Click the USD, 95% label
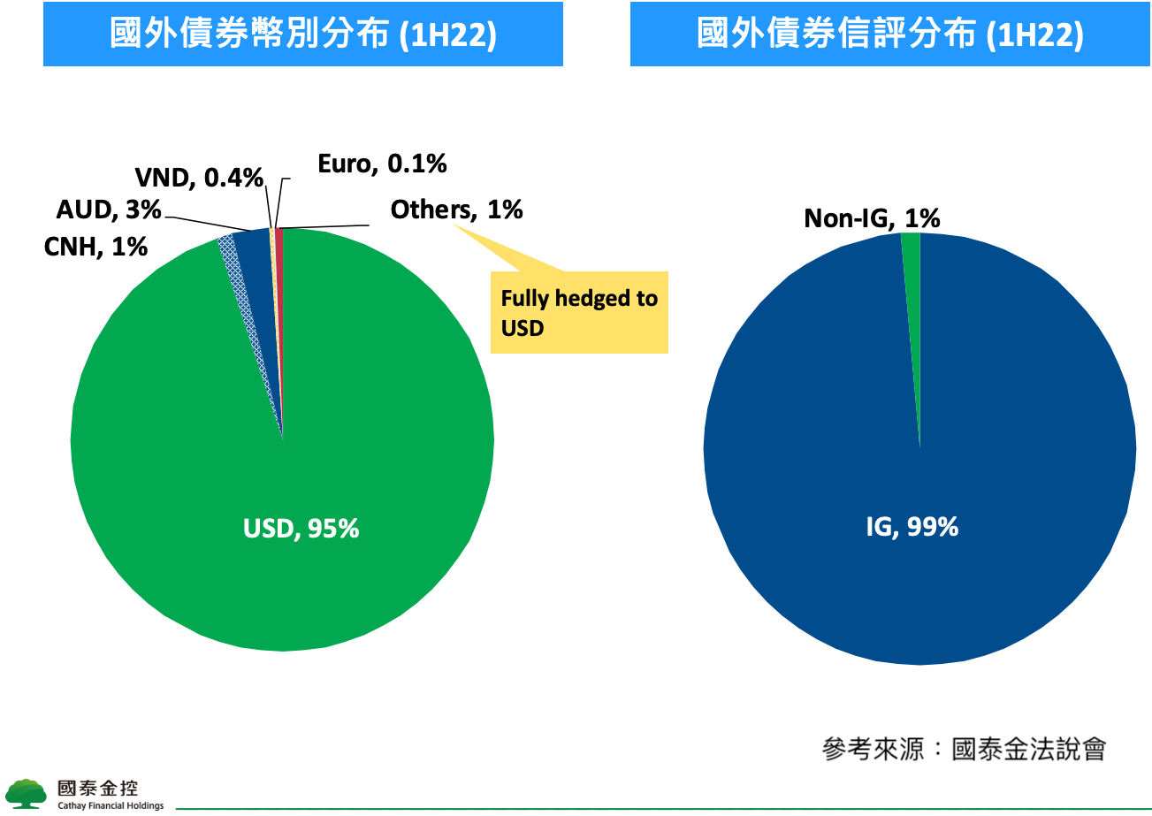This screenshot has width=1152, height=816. tap(301, 529)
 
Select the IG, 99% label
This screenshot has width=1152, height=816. tap(912, 527)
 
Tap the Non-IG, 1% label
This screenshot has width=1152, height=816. tap(871, 218)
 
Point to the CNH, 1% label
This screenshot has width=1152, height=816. tap(95, 247)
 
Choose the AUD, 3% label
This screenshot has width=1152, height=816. tap(109, 210)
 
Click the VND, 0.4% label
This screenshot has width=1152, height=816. tap(199, 178)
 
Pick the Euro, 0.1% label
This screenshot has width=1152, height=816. tap(381, 164)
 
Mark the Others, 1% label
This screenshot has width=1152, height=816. tap(456, 210)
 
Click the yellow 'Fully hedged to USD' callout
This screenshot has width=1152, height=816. tap(578, 312)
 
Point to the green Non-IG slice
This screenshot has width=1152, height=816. tap(912, 265)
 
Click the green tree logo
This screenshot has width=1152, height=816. tap(26, 794)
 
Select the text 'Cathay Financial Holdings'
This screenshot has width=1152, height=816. tap(111, 806)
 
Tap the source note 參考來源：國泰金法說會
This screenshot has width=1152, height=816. tap(964, 750)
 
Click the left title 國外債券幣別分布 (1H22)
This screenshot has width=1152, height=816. tap(302, 34)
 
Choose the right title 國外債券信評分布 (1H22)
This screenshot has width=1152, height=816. tap(889, 34)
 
